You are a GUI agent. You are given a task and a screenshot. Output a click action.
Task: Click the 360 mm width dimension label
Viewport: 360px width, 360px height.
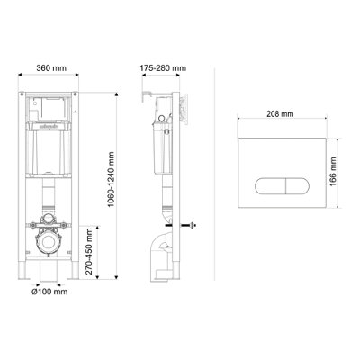coord(51,68)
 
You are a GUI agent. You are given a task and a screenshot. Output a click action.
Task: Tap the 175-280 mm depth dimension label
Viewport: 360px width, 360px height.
coord(163,68)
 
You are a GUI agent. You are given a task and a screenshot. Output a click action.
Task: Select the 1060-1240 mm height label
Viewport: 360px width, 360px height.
coord(112,179)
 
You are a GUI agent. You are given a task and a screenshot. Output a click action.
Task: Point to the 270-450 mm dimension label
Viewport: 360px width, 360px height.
coord(89,251)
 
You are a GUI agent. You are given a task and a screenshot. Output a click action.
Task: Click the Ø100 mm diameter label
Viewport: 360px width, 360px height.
coord(49,292)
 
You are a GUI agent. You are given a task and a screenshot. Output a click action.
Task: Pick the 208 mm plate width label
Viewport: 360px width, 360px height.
coord(280,114)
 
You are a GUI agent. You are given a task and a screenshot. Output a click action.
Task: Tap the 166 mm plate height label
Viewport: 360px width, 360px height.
coord(333,171)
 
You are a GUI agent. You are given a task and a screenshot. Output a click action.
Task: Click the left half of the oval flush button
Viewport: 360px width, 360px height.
coord(270,186)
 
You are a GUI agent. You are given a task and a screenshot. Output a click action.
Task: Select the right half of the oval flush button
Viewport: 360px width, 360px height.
coord(297,186)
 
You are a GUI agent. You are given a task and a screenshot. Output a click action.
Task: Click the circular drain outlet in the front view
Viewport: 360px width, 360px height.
coord(49,243)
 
